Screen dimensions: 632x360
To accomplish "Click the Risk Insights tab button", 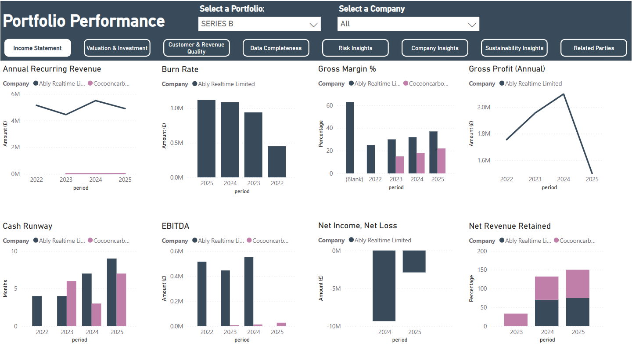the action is click(x=355, y=48).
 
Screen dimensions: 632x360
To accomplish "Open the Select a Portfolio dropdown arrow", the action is click(x=313, y=25).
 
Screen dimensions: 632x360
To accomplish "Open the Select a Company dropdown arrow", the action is click(x=472, y=25).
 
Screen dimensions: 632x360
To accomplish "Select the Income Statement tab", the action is click(x=38, y=48).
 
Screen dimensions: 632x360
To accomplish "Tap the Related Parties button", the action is click(x=594, y=48).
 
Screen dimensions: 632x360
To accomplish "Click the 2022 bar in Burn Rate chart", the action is click(x=276, y=162).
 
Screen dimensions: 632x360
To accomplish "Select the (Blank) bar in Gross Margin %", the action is click(x=350, y=138).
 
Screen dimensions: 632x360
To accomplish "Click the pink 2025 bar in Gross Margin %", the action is click(x=442, y=161).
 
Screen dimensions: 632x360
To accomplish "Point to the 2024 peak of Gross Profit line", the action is click(x=564, y=94).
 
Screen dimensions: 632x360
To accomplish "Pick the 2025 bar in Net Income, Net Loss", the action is click(x=414, y=262).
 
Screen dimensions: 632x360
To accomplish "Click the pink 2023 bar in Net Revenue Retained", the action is click(x=516, y=320).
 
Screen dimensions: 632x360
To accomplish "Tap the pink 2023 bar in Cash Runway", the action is click(x=72, y=303).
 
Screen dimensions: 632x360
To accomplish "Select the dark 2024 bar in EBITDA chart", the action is click(x=248, y=292).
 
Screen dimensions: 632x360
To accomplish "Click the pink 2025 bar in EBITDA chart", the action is click(x=281, y=324).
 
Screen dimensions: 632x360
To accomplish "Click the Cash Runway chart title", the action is click(x=28, y=226).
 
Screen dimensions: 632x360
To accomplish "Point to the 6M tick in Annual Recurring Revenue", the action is click(x=15, y=94).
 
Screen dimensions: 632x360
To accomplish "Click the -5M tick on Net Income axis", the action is click(x=335, y=288).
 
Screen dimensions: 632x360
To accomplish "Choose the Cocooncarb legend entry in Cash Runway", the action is click(x=109, y=241).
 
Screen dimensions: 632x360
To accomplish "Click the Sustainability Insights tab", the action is click(x=514, y=48).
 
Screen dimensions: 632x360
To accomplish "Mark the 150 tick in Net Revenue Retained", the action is click(x=482, y=270).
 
